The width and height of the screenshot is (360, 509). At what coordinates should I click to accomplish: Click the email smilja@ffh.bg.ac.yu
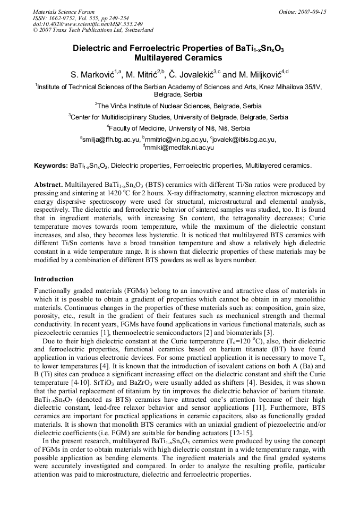(x=111, y=140)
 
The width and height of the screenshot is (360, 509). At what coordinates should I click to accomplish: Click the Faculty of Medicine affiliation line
(x=179, y=128)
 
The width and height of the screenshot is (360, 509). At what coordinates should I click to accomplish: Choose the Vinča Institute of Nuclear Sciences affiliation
(x=179, y=106)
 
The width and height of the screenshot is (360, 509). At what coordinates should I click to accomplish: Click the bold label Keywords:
(x=50, y=166)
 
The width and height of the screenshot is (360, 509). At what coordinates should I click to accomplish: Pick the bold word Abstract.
(x=48, y=184)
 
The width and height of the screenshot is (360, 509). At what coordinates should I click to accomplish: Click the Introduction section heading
(x=54, y=279)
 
